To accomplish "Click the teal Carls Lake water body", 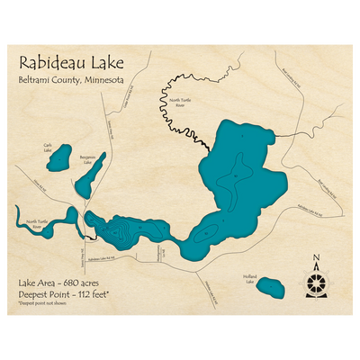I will tap(59, 159).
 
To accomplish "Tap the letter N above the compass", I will tap(316, 262).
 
